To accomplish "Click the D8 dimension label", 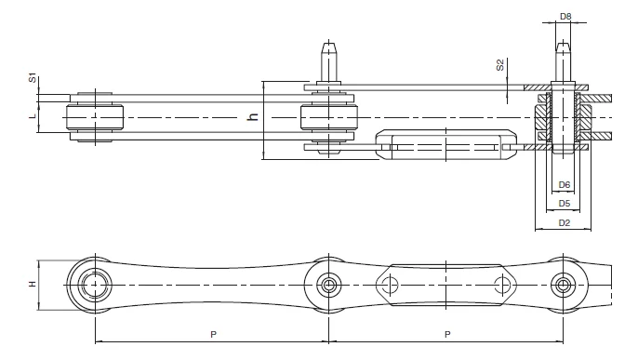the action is click(x=565, y=16).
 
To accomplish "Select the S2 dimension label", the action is click(x=500, y=65).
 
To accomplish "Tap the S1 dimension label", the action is click(x=33, y=78).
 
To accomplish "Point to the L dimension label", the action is click(x=33, y=115).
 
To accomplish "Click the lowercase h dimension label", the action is click(x=253, y=117).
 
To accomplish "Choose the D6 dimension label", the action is click(x=564, y=185).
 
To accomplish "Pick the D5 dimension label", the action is click(x=564, y=204).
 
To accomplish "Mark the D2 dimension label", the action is click(x=564, y=223).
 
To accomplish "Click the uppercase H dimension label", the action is click(x=33, y=284).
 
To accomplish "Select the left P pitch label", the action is click(x=213, y=334).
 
